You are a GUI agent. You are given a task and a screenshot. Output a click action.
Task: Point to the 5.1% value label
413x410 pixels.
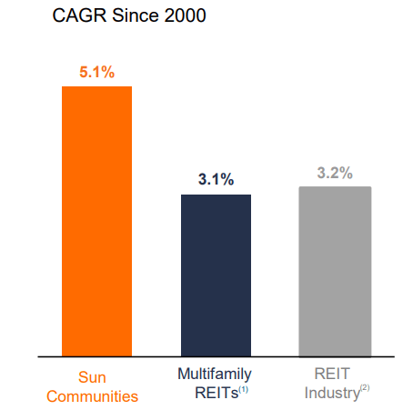(96, 73)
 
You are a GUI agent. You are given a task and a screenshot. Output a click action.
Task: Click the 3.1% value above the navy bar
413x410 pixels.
(216, 179)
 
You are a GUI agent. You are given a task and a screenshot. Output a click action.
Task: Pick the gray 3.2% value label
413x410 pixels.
(335, 173)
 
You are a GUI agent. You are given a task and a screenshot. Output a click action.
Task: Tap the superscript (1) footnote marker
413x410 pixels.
(244, 389)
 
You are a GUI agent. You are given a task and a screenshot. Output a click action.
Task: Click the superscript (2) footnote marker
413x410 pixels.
(364, 389)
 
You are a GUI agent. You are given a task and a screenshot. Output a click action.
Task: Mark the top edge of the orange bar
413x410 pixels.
(96, 87)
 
